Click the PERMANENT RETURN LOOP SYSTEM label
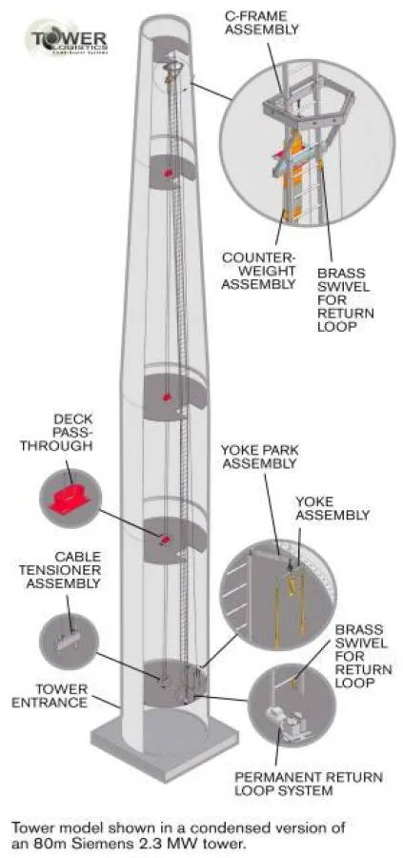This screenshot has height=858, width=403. click(x=309, y=786)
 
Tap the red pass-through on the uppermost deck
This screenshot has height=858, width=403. click(x=169, y=173)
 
